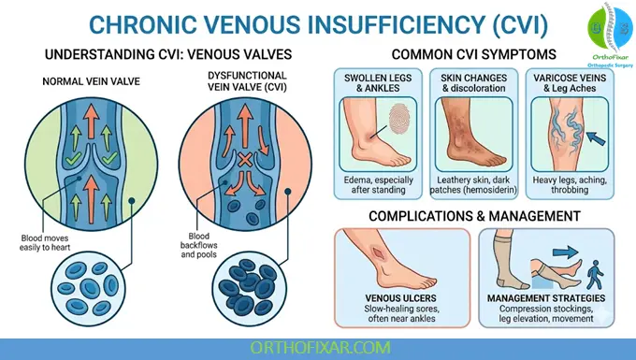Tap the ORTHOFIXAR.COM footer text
pos(317,347)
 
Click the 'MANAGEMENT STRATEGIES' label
pos(552,299)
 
